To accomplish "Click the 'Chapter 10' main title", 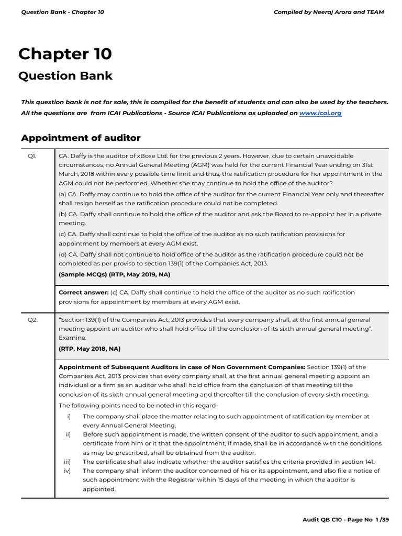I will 65,54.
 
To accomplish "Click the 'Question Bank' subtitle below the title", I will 65,76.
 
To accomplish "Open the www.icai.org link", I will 320,113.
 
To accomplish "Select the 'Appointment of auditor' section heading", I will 81,138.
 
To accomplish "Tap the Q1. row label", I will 32,156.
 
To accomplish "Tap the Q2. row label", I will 32,320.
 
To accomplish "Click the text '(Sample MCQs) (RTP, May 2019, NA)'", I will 114,274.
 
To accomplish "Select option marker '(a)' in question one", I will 62,194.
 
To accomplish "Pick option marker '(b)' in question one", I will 62,214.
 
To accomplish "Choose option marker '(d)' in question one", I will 62,254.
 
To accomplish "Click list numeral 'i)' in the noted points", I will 68,416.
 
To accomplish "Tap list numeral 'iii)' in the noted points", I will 67,461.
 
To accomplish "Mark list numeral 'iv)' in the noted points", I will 67,471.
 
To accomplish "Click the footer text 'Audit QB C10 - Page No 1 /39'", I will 345,519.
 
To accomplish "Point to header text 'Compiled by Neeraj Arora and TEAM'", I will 329,12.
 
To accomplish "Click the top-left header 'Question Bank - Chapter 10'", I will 62,12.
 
